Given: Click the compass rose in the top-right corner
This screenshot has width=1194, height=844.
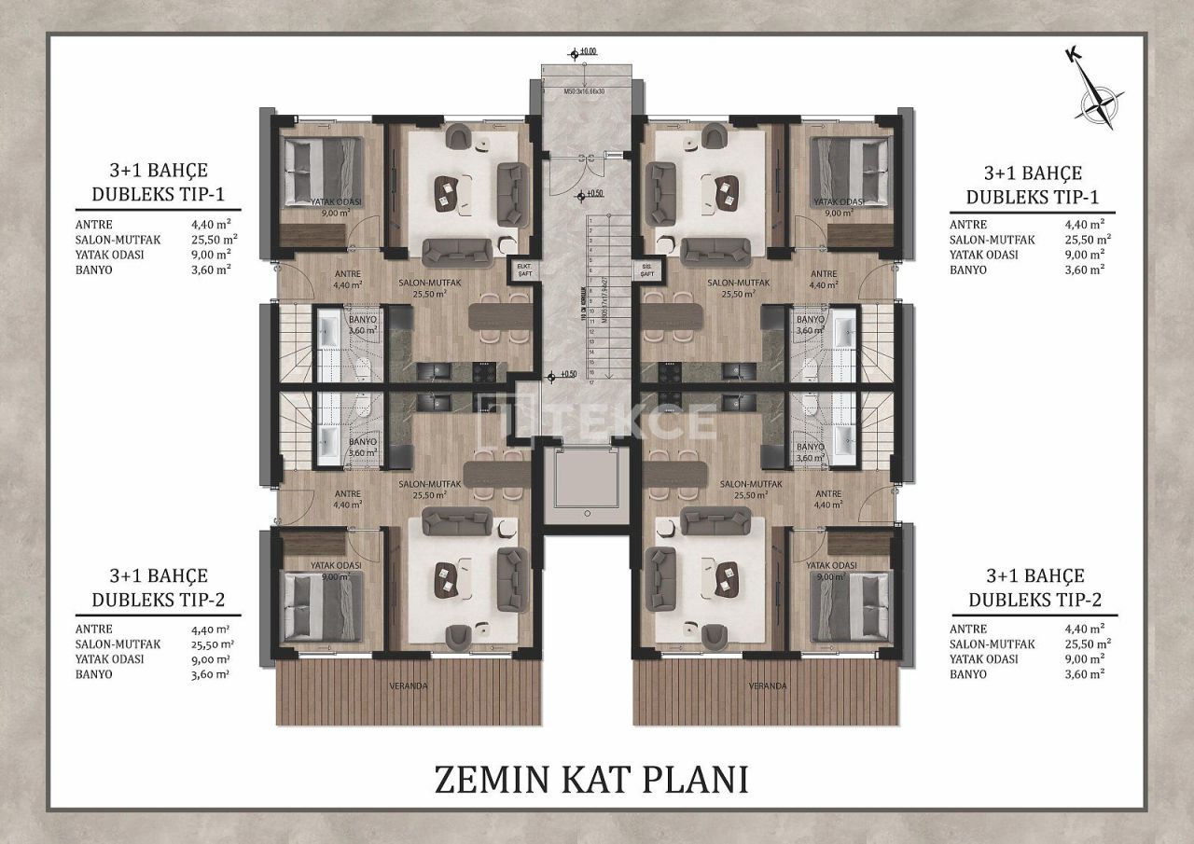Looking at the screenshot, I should click(1098, 100).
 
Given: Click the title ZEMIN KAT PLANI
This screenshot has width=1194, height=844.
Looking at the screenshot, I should click(591, 779).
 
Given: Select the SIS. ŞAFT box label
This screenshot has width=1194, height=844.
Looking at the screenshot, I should click(646, 270).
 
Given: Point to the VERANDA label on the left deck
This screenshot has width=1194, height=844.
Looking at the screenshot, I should click(408, 685).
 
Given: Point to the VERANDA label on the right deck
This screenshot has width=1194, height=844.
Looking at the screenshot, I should click(767, 685).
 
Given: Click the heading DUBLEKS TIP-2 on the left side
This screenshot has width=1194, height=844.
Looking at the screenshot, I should click(158, 600).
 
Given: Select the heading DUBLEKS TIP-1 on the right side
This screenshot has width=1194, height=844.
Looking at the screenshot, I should click(1033, 197).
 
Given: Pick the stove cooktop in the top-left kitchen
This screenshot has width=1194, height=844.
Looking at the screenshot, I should click(486, 371).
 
